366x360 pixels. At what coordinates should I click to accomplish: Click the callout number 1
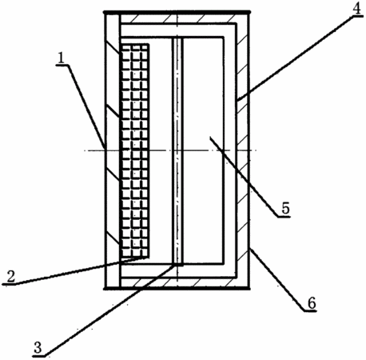click(x=61, y=58)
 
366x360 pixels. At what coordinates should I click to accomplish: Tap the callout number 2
click(x=11, y=277)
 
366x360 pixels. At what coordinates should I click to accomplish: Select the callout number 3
click(x=38, y=348)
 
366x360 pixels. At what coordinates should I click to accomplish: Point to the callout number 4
click(x=356, y=9)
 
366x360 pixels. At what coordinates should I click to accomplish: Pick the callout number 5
click(x=285, y=209)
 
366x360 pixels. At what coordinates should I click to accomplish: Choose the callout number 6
click(x=312, y=303)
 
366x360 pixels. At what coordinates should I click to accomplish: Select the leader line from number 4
click(x=296, y=58)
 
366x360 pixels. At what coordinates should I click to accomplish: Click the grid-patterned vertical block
click(x=135, y=150)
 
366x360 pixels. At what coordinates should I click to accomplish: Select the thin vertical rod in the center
click(x=177, y=150)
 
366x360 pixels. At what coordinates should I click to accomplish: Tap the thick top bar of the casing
click(x=177, y=12)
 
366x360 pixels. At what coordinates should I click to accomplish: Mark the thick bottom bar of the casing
click(x=177, y=288)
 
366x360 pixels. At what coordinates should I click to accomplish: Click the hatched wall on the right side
click(x=243, y=150)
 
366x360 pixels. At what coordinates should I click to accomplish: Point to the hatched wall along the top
click(x=178, y=19)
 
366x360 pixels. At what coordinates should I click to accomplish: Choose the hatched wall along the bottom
click(x=178, y=282)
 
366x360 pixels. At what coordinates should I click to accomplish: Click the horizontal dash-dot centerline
click(x=170, y=150)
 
